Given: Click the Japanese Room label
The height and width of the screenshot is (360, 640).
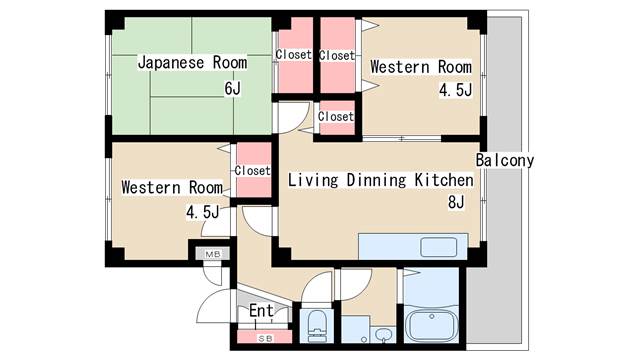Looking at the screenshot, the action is click(192, 63).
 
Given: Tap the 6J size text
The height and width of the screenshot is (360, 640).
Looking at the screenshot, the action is click(233, 88).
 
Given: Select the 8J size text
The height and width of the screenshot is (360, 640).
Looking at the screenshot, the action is click(456, 202).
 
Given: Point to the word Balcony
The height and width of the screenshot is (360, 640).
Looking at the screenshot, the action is click(505, 160).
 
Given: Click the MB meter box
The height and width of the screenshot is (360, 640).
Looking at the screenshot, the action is click(212, 254).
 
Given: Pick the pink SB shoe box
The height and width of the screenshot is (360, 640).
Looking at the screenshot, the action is click(264, 338).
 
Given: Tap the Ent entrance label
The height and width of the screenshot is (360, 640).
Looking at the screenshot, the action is click(261, 311).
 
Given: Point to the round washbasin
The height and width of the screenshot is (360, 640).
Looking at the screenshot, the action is click(382, 335).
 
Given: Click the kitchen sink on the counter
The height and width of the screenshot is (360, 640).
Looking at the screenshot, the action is click(439, 247).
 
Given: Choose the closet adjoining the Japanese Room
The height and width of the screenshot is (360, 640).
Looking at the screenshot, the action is click(295, 56).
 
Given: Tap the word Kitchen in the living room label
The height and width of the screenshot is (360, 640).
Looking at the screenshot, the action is click(444, 180).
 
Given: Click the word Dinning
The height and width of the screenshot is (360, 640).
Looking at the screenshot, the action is click(376, 180).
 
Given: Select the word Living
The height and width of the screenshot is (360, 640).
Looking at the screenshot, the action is click(313, 180).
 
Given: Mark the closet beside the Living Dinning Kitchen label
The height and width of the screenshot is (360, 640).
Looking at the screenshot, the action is click(254, 170).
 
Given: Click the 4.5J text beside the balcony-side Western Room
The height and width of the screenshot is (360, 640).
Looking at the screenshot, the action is click(456, 90).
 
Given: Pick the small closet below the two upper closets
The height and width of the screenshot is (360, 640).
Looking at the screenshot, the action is click(337, 118).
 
